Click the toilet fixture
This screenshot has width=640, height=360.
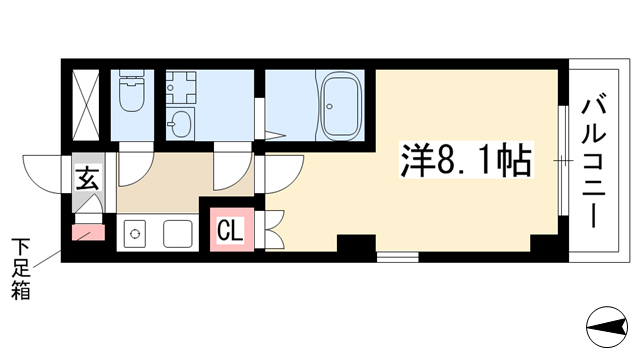tap(131, 91)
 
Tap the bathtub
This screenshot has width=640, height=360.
tap(342, 107)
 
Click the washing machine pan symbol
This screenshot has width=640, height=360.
tap(181, 87)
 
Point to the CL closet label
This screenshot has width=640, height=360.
tap(230, 230)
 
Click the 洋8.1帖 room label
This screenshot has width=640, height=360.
tap(466, 160)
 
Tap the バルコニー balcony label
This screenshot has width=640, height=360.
tap(593, 162)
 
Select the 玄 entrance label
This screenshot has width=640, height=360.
tap(88, 179)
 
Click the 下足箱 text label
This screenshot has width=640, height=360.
tap(20, 269)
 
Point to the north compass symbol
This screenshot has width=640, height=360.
tap(607, 327)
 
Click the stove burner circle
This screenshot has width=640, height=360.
tap(135, 234)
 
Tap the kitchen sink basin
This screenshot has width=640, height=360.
tap(178, 234)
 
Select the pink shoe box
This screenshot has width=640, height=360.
tap(88, 233)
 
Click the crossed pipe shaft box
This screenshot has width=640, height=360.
tap(86, 105)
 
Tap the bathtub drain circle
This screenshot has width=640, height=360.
tap(329, 107)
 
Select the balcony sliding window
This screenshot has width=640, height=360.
tap(563, 160)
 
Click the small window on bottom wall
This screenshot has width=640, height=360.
tap(397, 257)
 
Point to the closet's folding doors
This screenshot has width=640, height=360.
tap(274, 230)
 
